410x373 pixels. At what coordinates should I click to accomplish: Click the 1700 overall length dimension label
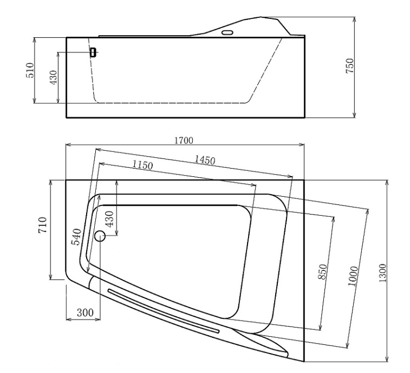184,141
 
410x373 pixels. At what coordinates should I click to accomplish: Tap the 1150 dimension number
142,165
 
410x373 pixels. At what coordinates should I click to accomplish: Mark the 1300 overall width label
382,271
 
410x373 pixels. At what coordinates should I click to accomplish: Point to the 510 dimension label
30,71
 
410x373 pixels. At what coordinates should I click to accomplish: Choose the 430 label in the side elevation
53,78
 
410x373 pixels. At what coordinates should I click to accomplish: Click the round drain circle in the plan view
100,236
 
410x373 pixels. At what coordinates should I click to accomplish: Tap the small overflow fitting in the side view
93,52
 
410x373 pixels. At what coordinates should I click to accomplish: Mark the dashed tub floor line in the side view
173,102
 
